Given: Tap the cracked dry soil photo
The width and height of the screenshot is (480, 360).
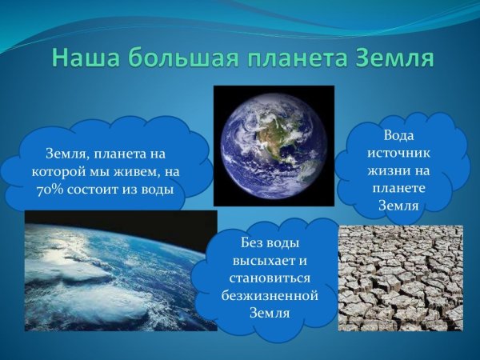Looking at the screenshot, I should tap(400, 278).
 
